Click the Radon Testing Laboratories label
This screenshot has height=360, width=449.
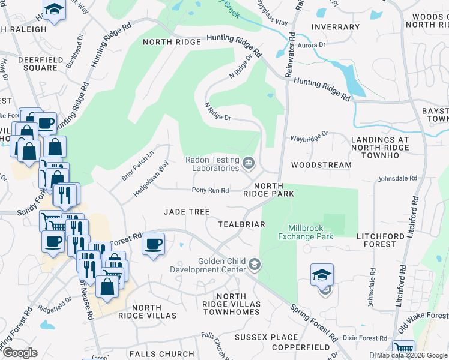pyautogui.click(x=212, y=164)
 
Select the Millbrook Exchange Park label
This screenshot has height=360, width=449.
pyautogui.click(x=306, y=232)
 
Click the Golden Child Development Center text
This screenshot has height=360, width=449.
pyautogui.click(x=223, y=265)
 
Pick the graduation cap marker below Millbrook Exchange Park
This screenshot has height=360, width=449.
pyautogui.click(x=322, y=275)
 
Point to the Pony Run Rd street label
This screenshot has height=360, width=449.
pyautogui.click(x=210, y=190)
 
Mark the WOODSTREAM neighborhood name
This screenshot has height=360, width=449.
pyautogui.click(x=321, y=164)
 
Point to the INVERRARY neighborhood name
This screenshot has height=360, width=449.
pyautogui.click(x=336, y=27)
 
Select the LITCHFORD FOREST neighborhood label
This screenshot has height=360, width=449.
pyautogui.click(x=385, y=240)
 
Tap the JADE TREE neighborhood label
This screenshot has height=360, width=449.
pyautogui.click(x=187, y=212)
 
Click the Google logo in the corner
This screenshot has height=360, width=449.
pyautogui.click(x=20, y=353)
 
